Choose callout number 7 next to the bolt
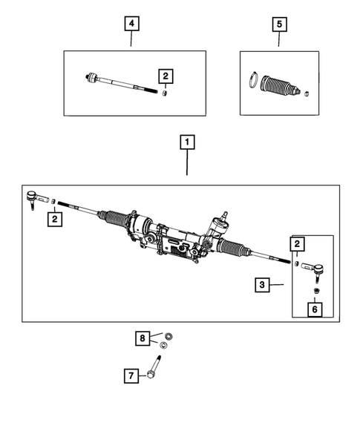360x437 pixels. (x=131, y=375)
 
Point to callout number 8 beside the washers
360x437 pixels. (x=142, y=338)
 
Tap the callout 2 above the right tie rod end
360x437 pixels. (x=298, y=243)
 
